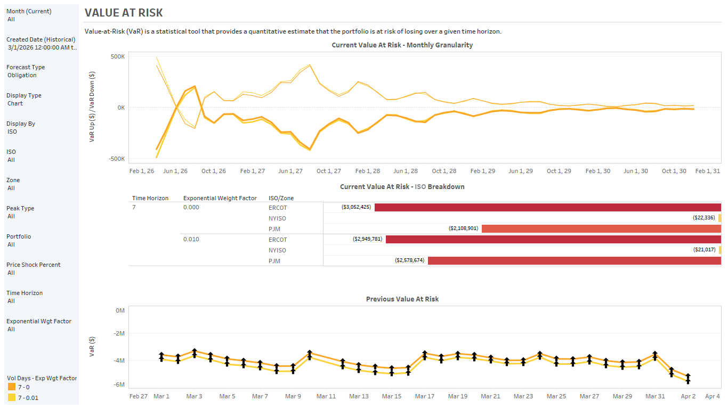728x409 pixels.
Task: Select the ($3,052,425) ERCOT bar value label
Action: coord(355,207)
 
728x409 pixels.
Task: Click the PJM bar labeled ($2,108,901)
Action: coord(601,228)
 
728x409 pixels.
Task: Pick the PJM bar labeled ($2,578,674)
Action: coord(574,261)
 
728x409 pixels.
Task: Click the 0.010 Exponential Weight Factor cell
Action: coord(191,239)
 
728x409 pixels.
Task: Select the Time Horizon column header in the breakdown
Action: coord(150,198)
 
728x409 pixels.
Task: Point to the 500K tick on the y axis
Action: coord(117,56)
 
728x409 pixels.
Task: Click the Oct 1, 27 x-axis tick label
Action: coord(328,171)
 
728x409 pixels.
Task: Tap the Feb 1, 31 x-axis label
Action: coord(708,171)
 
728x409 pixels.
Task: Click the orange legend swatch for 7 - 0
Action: coord(11,387)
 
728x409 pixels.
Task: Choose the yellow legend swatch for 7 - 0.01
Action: coord(11,398)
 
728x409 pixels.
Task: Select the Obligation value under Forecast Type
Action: coord(22,75)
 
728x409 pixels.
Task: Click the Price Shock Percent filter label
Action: coord(33,265)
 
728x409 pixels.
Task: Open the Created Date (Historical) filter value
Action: coord(42,47)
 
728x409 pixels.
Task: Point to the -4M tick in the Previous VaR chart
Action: coord(119,361)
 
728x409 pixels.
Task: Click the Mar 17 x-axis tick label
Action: coord(424,396)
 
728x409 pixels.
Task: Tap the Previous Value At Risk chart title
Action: coord(402,299)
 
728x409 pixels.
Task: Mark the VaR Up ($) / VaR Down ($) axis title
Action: coord(92,108)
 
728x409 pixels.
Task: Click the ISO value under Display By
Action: coord(12,132)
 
